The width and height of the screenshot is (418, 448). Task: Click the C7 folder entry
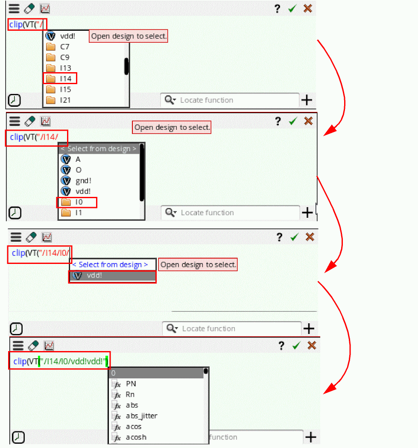coord(65,47)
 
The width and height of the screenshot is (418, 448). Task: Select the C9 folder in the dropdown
coord(65,58)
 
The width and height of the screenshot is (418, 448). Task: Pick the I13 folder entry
coord(65,68)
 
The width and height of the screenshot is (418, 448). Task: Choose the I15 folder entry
coord(65,90)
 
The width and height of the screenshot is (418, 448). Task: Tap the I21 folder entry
coord(65,100)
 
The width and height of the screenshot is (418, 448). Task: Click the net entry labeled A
coord(78,159)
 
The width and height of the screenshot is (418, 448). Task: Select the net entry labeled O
coord(79,170)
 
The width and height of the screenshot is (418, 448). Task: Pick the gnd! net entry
coord(83,181)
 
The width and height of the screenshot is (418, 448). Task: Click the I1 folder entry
coord(79,213)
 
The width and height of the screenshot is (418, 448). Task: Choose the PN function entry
coord(131,384)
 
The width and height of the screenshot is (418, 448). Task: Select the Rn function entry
coord(130,395)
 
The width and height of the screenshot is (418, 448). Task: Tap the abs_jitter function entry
coord(141,416)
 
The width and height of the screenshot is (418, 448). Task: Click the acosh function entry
coord(136,437)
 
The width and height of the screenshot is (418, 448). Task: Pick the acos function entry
coord(134,427)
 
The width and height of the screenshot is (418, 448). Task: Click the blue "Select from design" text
coord(110,265)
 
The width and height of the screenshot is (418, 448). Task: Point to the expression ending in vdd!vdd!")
coord(60,362)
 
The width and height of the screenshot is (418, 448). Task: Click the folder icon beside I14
coord(51,79)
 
